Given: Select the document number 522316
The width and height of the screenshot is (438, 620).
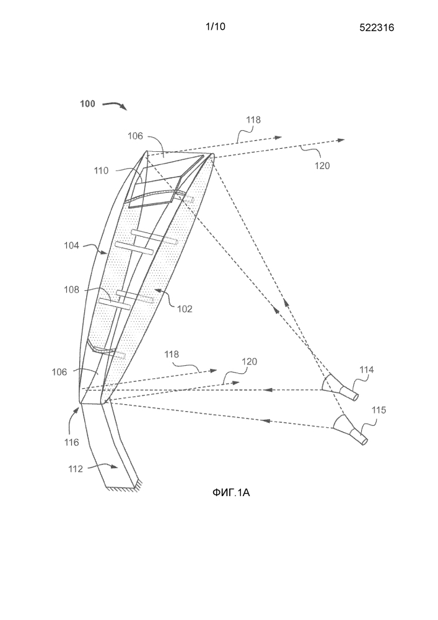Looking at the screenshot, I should point(375,27).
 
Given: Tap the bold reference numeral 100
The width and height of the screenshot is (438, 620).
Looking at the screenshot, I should point(87,104).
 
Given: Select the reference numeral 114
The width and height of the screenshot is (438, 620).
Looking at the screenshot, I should point(368,371).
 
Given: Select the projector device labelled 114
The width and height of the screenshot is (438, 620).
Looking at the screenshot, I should point(340,387).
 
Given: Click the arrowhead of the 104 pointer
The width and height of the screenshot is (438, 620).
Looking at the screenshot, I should point(106,254).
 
